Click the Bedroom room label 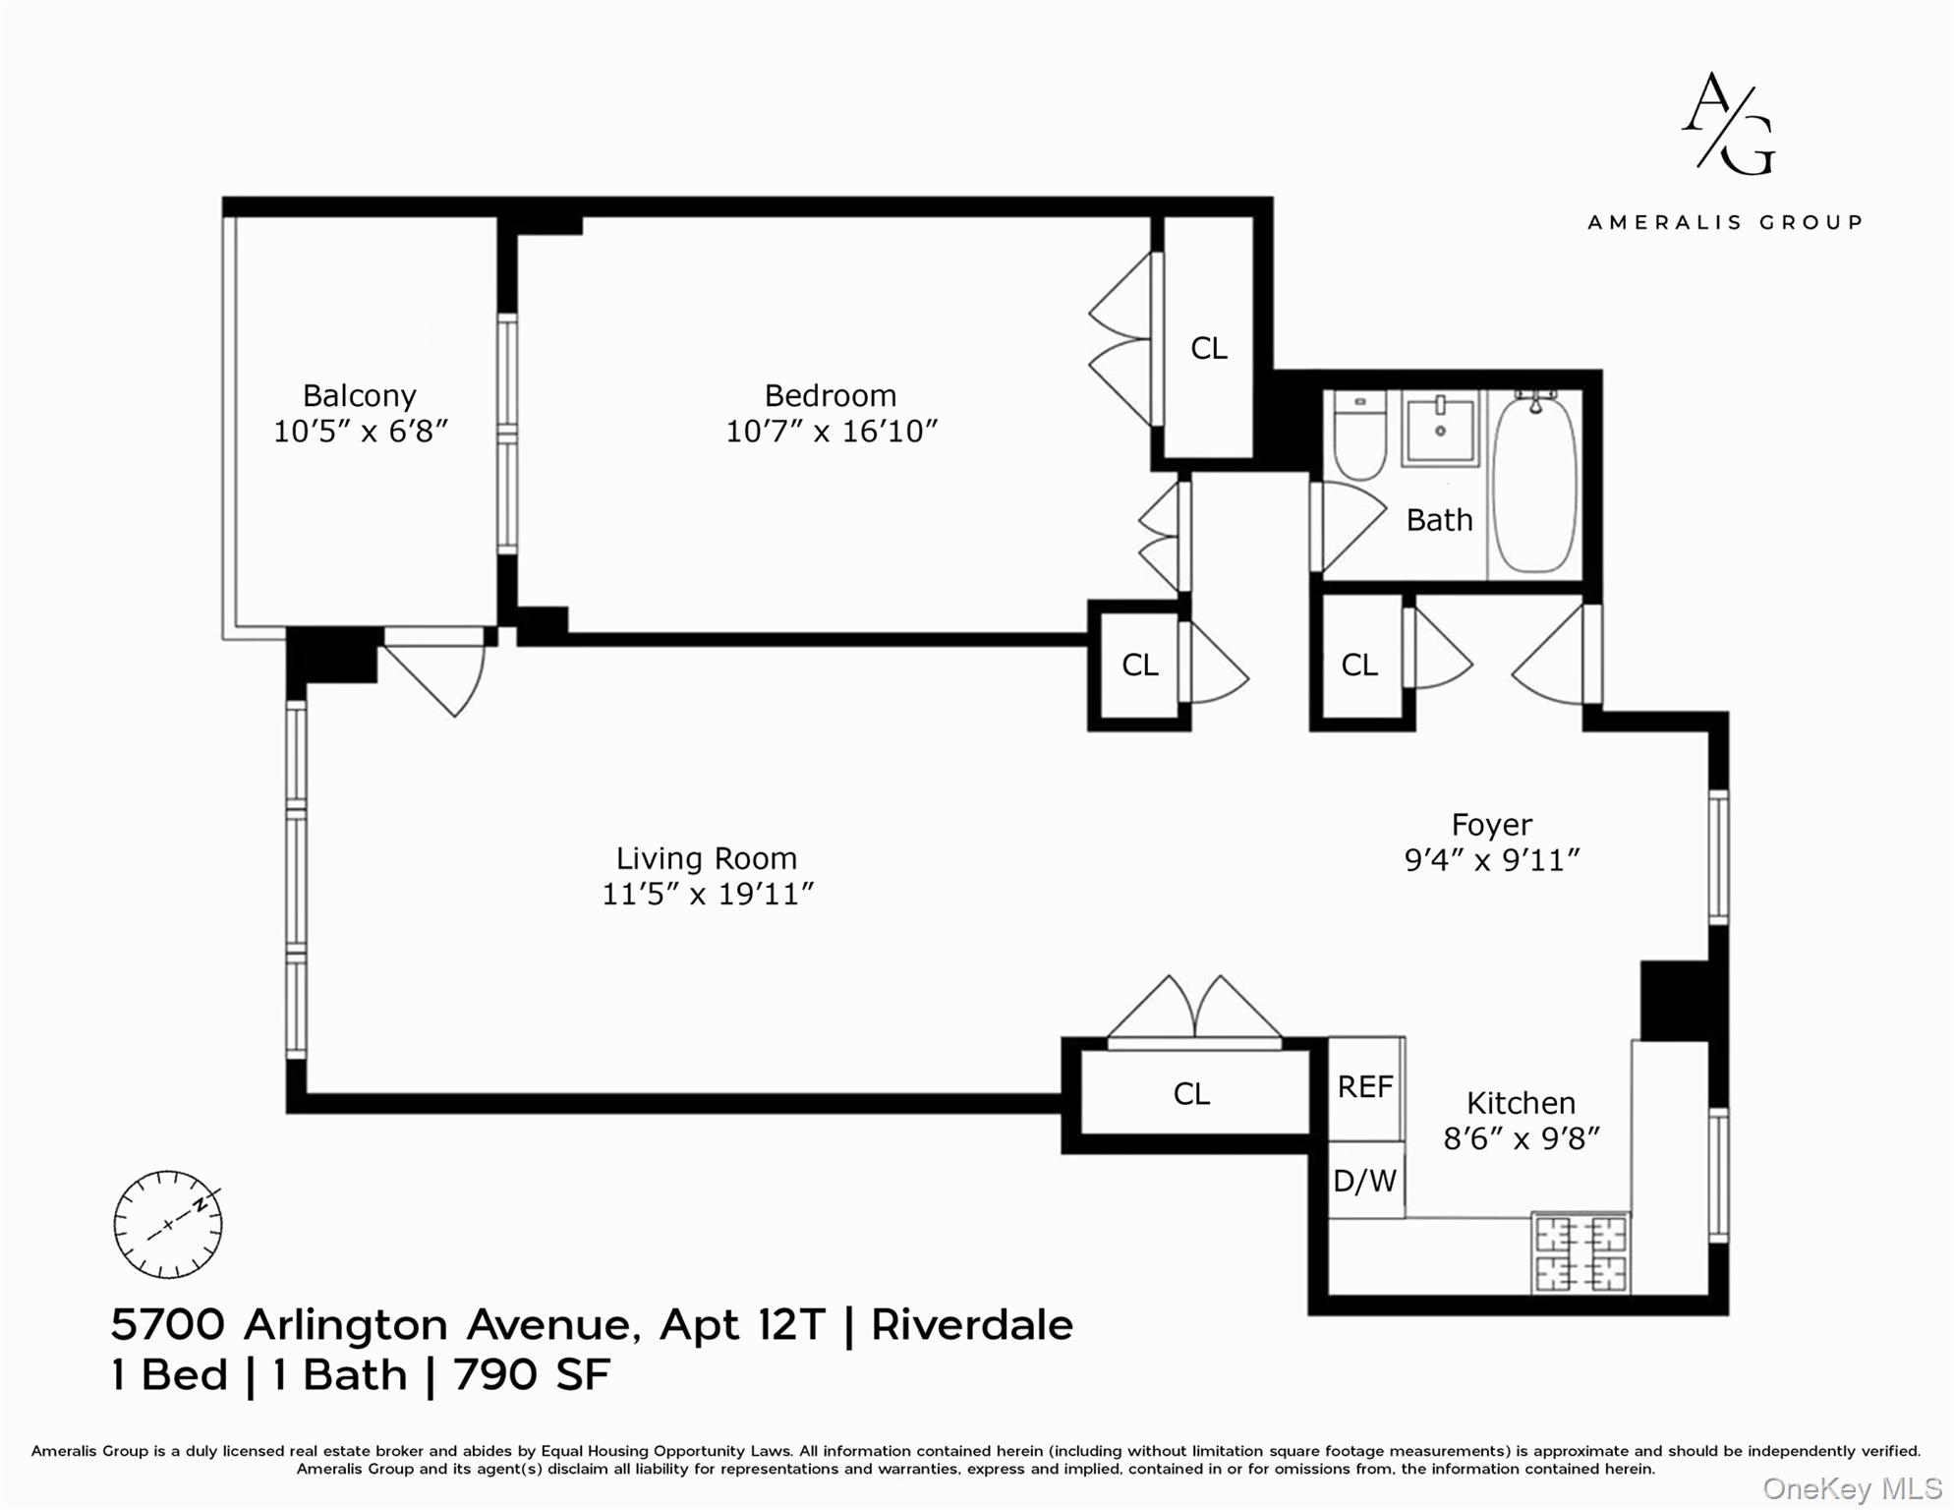coord(831,395)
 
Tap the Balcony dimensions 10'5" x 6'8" coord(360,432)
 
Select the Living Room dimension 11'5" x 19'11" coord(707,895)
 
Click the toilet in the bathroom coord(1359,436)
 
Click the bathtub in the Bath coord(1534,484)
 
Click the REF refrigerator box coord(1365,1087)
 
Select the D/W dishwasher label coord(1364,1181)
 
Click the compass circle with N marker coord(168,1225)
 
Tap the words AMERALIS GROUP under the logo coord(1725,223)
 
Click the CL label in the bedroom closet coord(1208,348)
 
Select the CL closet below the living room coord(1191,1094)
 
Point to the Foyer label coord(1491,825)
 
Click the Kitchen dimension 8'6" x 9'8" coord(1521,1139)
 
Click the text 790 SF coord(532,1374)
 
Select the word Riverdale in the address coord(971,1325)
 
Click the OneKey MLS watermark coord(1851,1489)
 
